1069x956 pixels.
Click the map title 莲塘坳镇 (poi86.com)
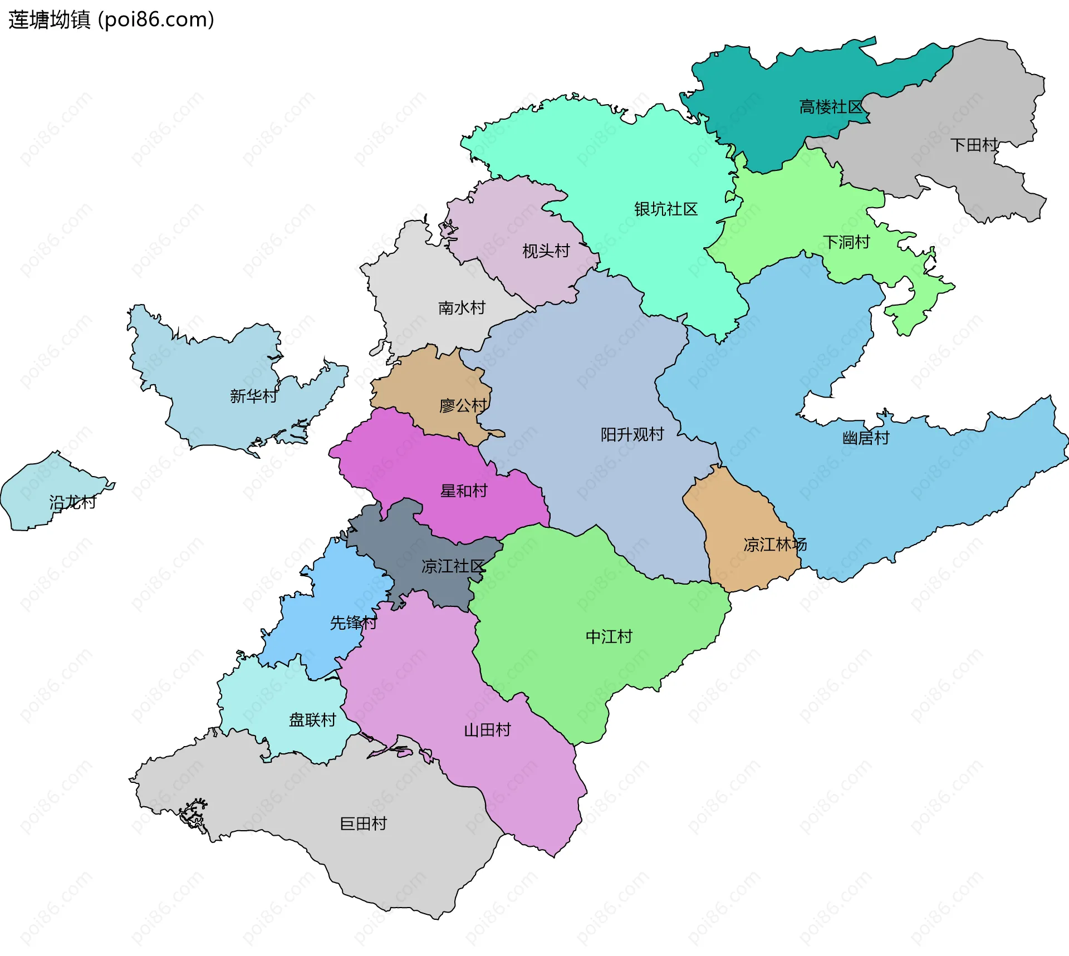(111, 20)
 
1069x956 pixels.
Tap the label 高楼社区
(831, 107)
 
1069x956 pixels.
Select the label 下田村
(974, 145)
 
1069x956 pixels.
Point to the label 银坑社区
(665, 209)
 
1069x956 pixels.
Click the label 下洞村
(846, 242)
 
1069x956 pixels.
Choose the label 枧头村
(546, 251)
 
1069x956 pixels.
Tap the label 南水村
(462, 308)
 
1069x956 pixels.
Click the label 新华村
(253, 396)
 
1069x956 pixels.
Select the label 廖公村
(463, 406)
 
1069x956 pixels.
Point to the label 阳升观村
(632, 434)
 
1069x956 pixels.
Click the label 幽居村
(866, 438)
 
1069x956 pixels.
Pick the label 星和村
(464, 491)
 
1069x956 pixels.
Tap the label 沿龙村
(72, 503)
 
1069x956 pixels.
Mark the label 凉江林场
(774, 545)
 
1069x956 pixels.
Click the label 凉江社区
(453, 566)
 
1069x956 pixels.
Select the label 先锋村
(353, 623)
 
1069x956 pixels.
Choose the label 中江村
(609, 636)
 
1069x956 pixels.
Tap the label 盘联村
(312, 720)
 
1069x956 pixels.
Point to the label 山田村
(487, 730)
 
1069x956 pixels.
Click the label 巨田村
(363, 823)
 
